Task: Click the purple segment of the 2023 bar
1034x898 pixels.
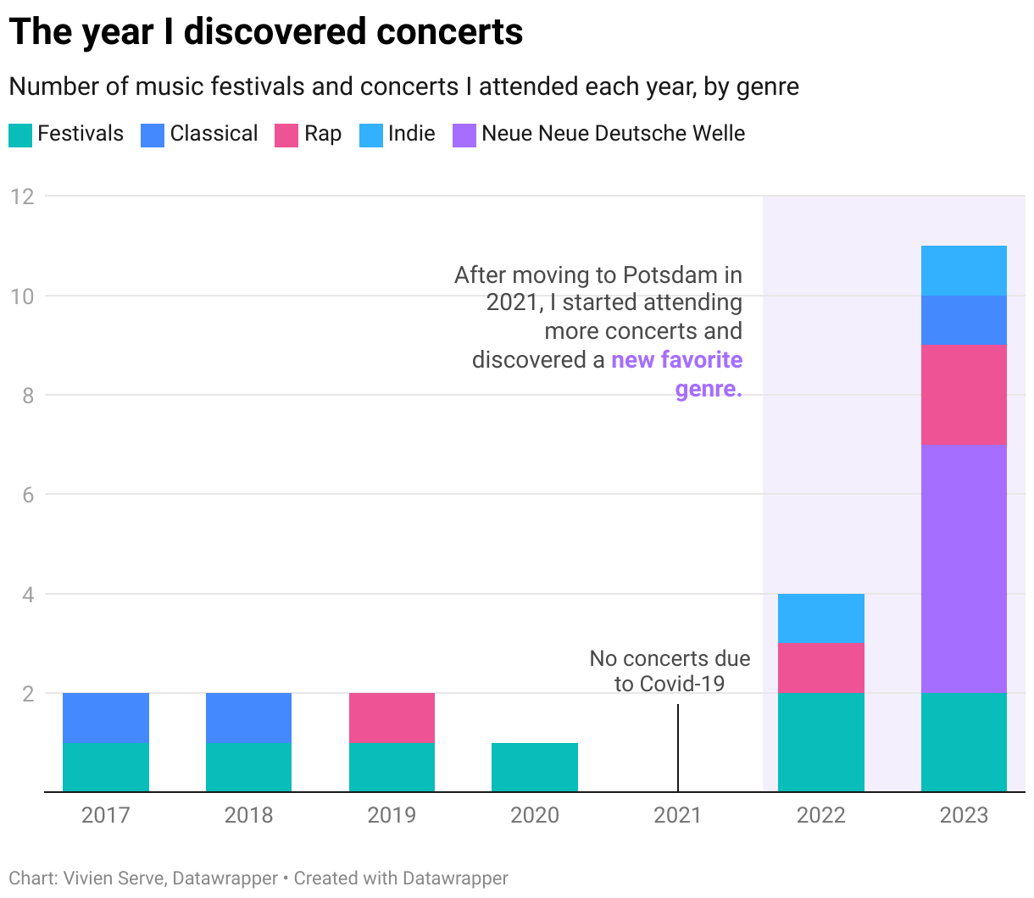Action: tap(964, 568)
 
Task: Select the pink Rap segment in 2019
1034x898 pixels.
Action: tap(392, 718)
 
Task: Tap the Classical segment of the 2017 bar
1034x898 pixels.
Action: tap(106, 718)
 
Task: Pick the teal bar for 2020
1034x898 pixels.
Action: tap(535, 768)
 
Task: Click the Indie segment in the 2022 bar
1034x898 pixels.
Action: tap(820, 618)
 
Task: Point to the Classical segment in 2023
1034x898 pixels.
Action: tap(964, 320)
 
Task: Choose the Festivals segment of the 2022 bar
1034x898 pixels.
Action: tap(820, 742)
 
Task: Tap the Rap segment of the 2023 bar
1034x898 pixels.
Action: tap(964, 395)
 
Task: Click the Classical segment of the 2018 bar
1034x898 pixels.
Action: tap(248, 718)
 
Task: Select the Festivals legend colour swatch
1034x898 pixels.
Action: tap(20, 135)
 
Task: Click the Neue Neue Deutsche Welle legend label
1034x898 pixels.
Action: tap(613, 134)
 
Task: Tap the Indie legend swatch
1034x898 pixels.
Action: tap(371, 135)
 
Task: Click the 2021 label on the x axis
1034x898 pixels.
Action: tap(677, 815)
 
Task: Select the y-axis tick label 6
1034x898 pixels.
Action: tap(28, 495)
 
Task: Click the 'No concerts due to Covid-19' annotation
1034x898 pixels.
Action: tap(670, 671)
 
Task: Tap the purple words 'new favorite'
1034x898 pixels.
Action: tap(676, 360)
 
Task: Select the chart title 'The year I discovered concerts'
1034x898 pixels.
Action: tap(266, 32)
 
